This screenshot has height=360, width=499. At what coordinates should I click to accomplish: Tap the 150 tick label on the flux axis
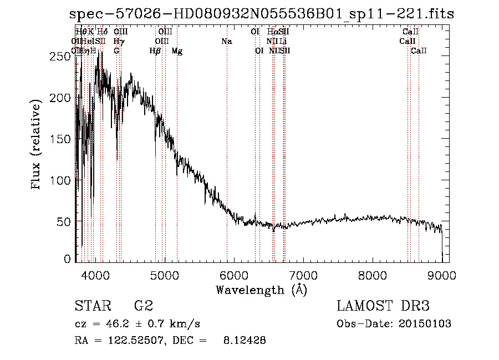click(x=63, y=139)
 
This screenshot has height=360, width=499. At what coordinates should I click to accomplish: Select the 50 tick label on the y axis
click(x=67, y=221)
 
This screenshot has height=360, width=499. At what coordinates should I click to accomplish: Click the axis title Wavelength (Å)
click(x=262, y=290)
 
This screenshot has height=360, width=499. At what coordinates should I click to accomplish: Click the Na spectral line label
click(x=226, y=42)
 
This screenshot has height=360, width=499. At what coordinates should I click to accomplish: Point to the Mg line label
click(x=177, y=51)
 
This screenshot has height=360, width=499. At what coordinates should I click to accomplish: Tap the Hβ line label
click(x=155, y=51)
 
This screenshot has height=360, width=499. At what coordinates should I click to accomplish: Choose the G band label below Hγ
click(x=116, y=51)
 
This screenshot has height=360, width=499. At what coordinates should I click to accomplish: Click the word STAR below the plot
click(x=89, y=307)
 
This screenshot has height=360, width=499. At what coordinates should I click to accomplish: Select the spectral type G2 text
click(x=144, y=307)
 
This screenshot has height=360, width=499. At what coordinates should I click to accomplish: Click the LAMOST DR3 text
click(x=383, y=307)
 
